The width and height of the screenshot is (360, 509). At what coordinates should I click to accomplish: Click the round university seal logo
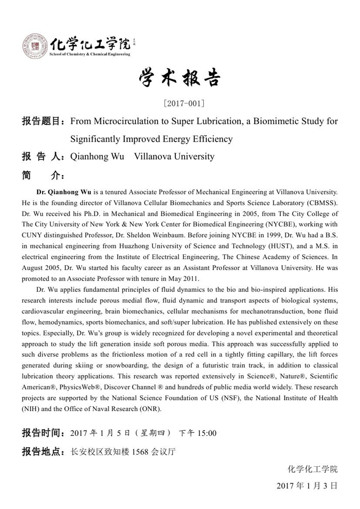click(x=35, y=46)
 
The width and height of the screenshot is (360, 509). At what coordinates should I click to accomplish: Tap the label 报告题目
click(x=43, y=121)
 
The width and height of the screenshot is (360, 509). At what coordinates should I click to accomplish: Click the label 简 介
click(x=43, y=174)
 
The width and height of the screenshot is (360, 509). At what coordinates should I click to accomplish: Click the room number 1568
click(x=141, y=452)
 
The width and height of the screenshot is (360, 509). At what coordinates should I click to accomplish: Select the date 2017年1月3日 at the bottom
click(x=307, y=485)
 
